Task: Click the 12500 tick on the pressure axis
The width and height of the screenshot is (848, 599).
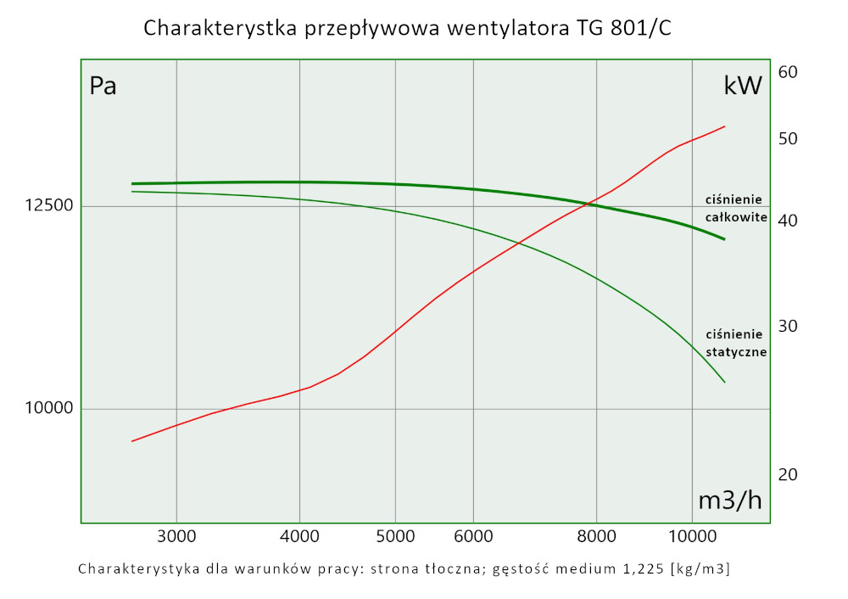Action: tap(49, 206)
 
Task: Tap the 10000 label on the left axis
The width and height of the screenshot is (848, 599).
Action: tap(49, 409)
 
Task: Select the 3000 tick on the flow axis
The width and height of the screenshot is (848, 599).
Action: tap(176, 535)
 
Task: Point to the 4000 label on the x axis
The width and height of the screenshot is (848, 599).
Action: tap(299, 535)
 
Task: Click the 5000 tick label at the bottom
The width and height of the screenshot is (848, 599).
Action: tap(395, 535)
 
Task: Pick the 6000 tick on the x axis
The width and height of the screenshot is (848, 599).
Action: tap(472, 535)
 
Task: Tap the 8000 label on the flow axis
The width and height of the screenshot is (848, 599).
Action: tap(596, 535)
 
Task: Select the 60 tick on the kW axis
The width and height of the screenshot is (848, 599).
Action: tap(788, 72)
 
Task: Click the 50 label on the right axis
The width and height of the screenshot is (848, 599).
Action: tap(788, 138)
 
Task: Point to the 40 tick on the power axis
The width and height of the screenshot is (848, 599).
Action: tap(788, 221)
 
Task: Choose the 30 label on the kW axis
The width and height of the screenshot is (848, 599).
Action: tap(788, 327)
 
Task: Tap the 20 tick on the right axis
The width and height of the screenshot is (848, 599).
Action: tap(788, 474)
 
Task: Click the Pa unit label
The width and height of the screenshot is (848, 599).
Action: tap(103, 87)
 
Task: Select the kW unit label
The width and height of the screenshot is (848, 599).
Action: tap(743, 85)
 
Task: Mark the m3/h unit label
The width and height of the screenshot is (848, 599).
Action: tap(729, 501)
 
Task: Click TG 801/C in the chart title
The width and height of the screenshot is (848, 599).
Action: tap(624, 29)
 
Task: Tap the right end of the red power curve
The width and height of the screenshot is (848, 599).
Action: tap(724, 126)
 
